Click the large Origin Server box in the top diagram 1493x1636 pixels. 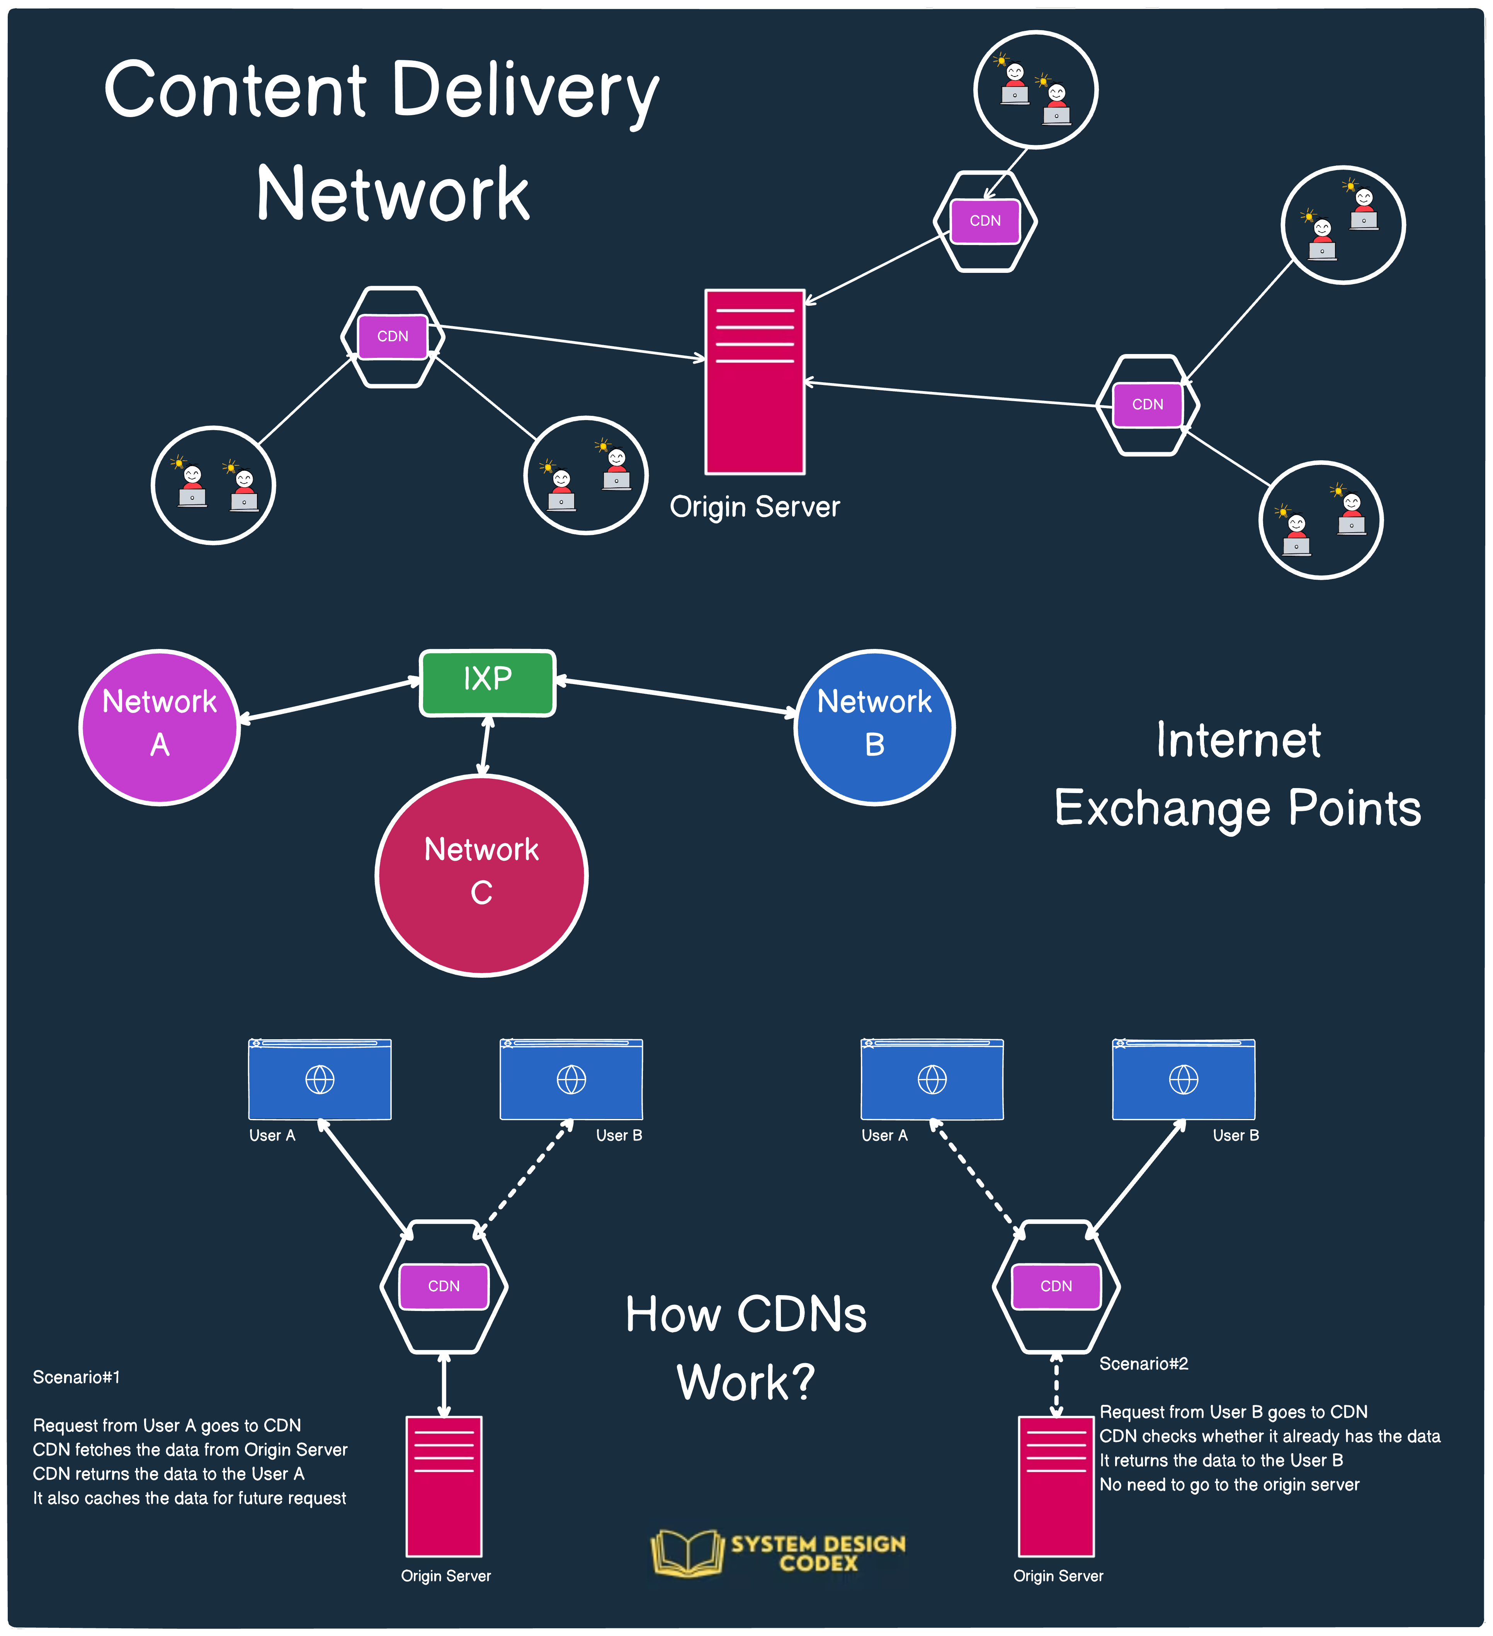tap(755, 381)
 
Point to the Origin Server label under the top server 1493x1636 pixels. tap(755, 507)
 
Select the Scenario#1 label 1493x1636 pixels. tap(76, 1377)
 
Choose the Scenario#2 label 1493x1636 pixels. tap(1143, 1364)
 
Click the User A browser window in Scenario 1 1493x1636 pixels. tap(320, 1079)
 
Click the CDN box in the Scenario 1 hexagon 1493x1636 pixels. tap(444, 1286)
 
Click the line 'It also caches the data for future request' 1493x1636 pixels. tap(189, 1498)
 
